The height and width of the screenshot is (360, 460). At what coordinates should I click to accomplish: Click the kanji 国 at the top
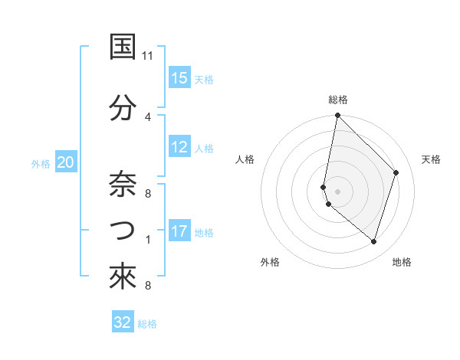pos(123,47)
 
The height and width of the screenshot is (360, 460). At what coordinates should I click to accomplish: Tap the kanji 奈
pos(123,182)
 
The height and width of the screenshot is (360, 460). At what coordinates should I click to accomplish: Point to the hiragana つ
pos(123,230)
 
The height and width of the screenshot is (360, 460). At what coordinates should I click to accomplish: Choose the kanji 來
pos(123,276)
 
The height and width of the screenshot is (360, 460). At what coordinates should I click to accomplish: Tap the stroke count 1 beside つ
pos(148,240)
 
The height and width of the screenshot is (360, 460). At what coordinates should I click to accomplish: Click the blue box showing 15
pos(179,78)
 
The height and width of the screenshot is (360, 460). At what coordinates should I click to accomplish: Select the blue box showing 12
pos(179,148)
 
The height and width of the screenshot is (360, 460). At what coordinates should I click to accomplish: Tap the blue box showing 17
pos(179,231)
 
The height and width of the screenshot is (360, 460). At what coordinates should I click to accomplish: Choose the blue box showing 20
pos(66,162)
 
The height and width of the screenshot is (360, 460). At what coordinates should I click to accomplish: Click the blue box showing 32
pos(123,322)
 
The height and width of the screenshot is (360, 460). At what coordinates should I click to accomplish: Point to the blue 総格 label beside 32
pos(147,324)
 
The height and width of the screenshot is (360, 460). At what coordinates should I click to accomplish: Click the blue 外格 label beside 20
pos(41,163)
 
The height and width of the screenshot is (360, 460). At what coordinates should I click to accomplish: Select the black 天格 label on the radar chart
pos(431,159)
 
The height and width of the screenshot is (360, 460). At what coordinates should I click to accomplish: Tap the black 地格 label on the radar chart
pos(402,262)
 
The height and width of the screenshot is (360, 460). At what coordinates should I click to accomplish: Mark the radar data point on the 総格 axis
pos(337,116)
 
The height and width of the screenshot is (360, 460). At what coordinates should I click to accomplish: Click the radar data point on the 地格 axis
pos(373,241)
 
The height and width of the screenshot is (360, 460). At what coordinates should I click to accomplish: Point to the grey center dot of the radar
pos(337,191)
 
